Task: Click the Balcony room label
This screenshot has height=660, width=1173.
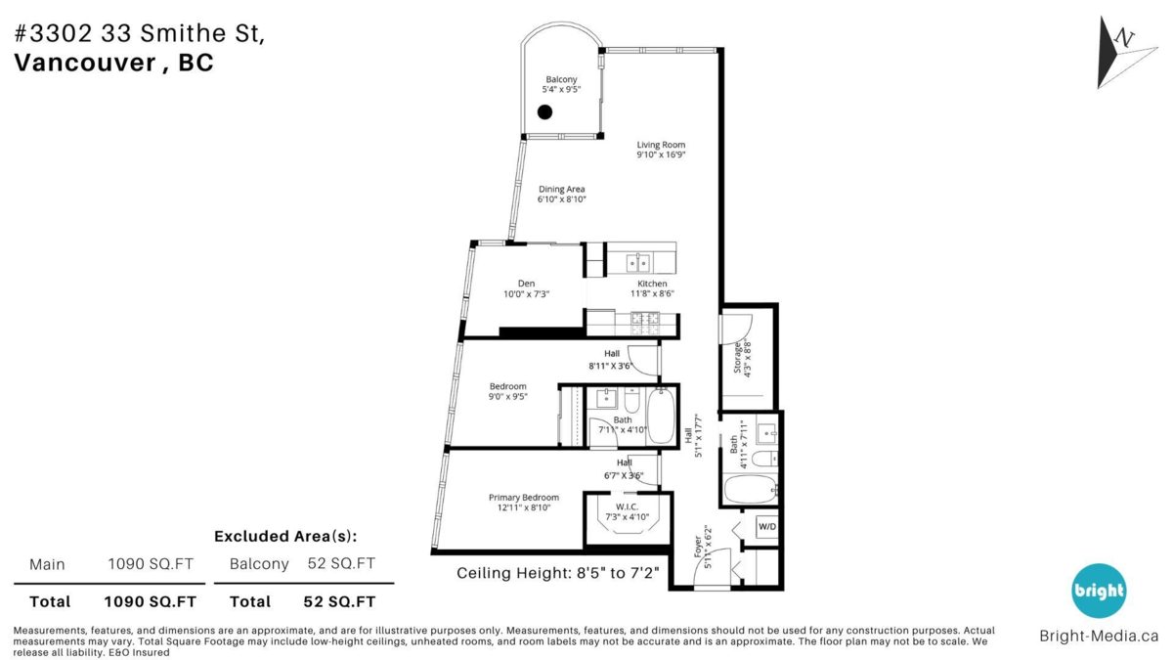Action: [561, 79]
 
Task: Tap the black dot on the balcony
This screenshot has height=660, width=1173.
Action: [545, 112]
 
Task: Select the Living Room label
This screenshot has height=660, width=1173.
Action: [661, 145]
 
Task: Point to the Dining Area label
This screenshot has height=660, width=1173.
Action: [561, 189]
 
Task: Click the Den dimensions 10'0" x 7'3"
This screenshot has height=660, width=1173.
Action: [526, 293]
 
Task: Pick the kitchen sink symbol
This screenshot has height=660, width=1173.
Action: [638, 262]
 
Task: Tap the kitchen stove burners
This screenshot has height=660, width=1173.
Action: [644, 319]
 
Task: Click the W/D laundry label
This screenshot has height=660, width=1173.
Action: [766, 528]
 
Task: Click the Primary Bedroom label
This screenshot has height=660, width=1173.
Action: [524, 497]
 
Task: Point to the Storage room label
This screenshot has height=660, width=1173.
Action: [738, 358]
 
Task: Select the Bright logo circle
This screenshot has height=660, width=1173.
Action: [1099, 591]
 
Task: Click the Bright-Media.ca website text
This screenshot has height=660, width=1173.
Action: [1099, 636]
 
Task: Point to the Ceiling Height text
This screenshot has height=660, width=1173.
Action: [558, 573]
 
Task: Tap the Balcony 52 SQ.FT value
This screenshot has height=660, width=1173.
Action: [341, 564]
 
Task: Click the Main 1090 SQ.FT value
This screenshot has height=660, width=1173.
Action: [152, 564]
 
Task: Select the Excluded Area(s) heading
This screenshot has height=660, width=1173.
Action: [285, 536]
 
